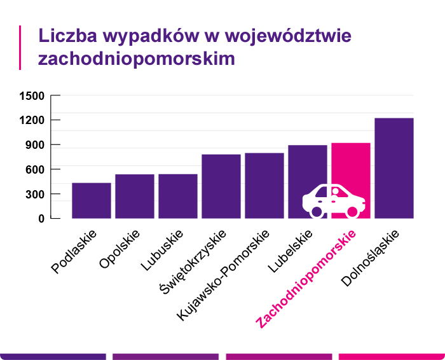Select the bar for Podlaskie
92,200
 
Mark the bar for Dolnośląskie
394,168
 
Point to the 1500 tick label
32,96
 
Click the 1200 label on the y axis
32,120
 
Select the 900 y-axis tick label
35,145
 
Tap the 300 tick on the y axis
35,194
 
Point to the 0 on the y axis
41,218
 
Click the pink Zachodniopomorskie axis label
306,279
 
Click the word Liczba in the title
65,36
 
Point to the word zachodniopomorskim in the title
137,59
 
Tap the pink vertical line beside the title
20,47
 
